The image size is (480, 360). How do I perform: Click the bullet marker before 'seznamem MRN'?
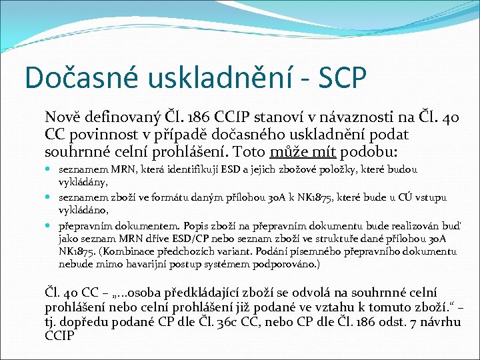pos(51,170)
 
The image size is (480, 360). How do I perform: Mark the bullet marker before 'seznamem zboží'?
pos(51,197)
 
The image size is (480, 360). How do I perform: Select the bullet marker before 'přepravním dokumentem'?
pos(51,225)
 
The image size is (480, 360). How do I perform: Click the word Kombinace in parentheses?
pos(133,251)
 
